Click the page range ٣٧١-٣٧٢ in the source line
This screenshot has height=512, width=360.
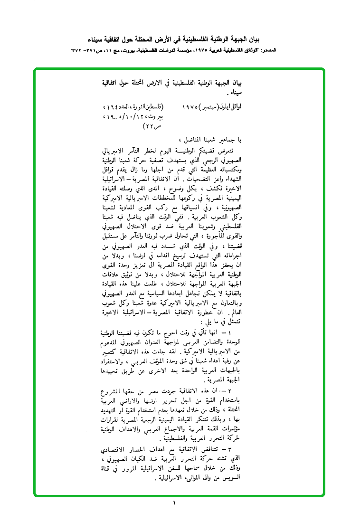point(85,50)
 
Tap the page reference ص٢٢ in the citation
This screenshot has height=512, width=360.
point(152,127)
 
